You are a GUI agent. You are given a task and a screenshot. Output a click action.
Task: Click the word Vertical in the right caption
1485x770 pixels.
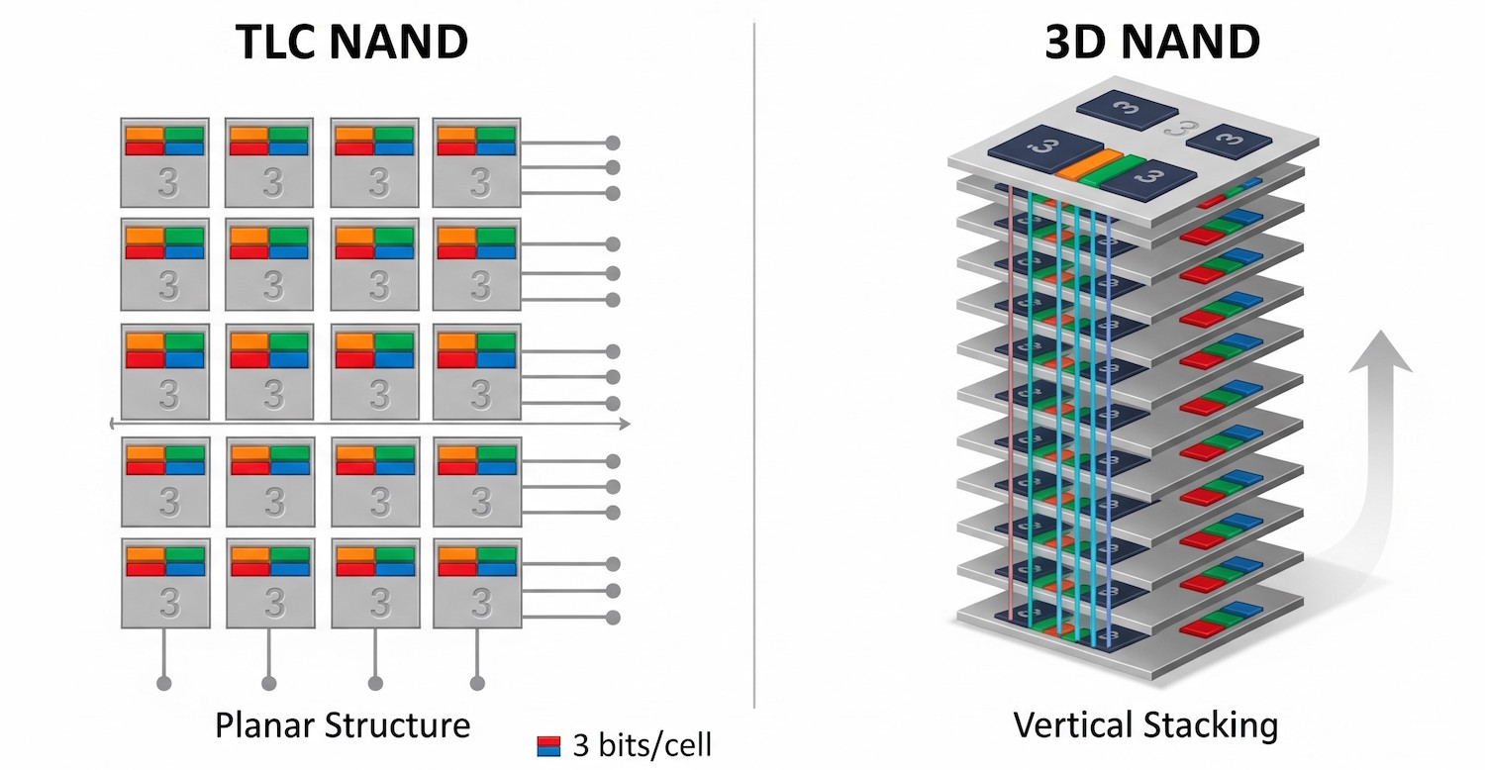pos(1073,725)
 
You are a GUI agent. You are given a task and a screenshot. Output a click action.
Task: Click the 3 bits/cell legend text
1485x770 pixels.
pos(642,745)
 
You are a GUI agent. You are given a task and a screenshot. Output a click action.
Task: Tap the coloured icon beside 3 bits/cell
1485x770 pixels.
pos(547,746)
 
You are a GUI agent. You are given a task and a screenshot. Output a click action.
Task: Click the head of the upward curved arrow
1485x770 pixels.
pos(1382,351)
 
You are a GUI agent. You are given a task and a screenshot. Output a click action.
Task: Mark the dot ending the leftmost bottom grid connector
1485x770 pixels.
pos(164,683)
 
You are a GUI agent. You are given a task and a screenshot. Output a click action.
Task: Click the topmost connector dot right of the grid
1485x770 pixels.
pos(613,143)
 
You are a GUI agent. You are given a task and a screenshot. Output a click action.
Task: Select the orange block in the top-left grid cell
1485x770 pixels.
pos(144,134)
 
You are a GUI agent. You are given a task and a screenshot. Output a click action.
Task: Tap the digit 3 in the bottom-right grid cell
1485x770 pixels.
pos(480,602)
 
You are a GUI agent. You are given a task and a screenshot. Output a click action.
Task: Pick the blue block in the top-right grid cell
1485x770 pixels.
pos(496,148)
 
